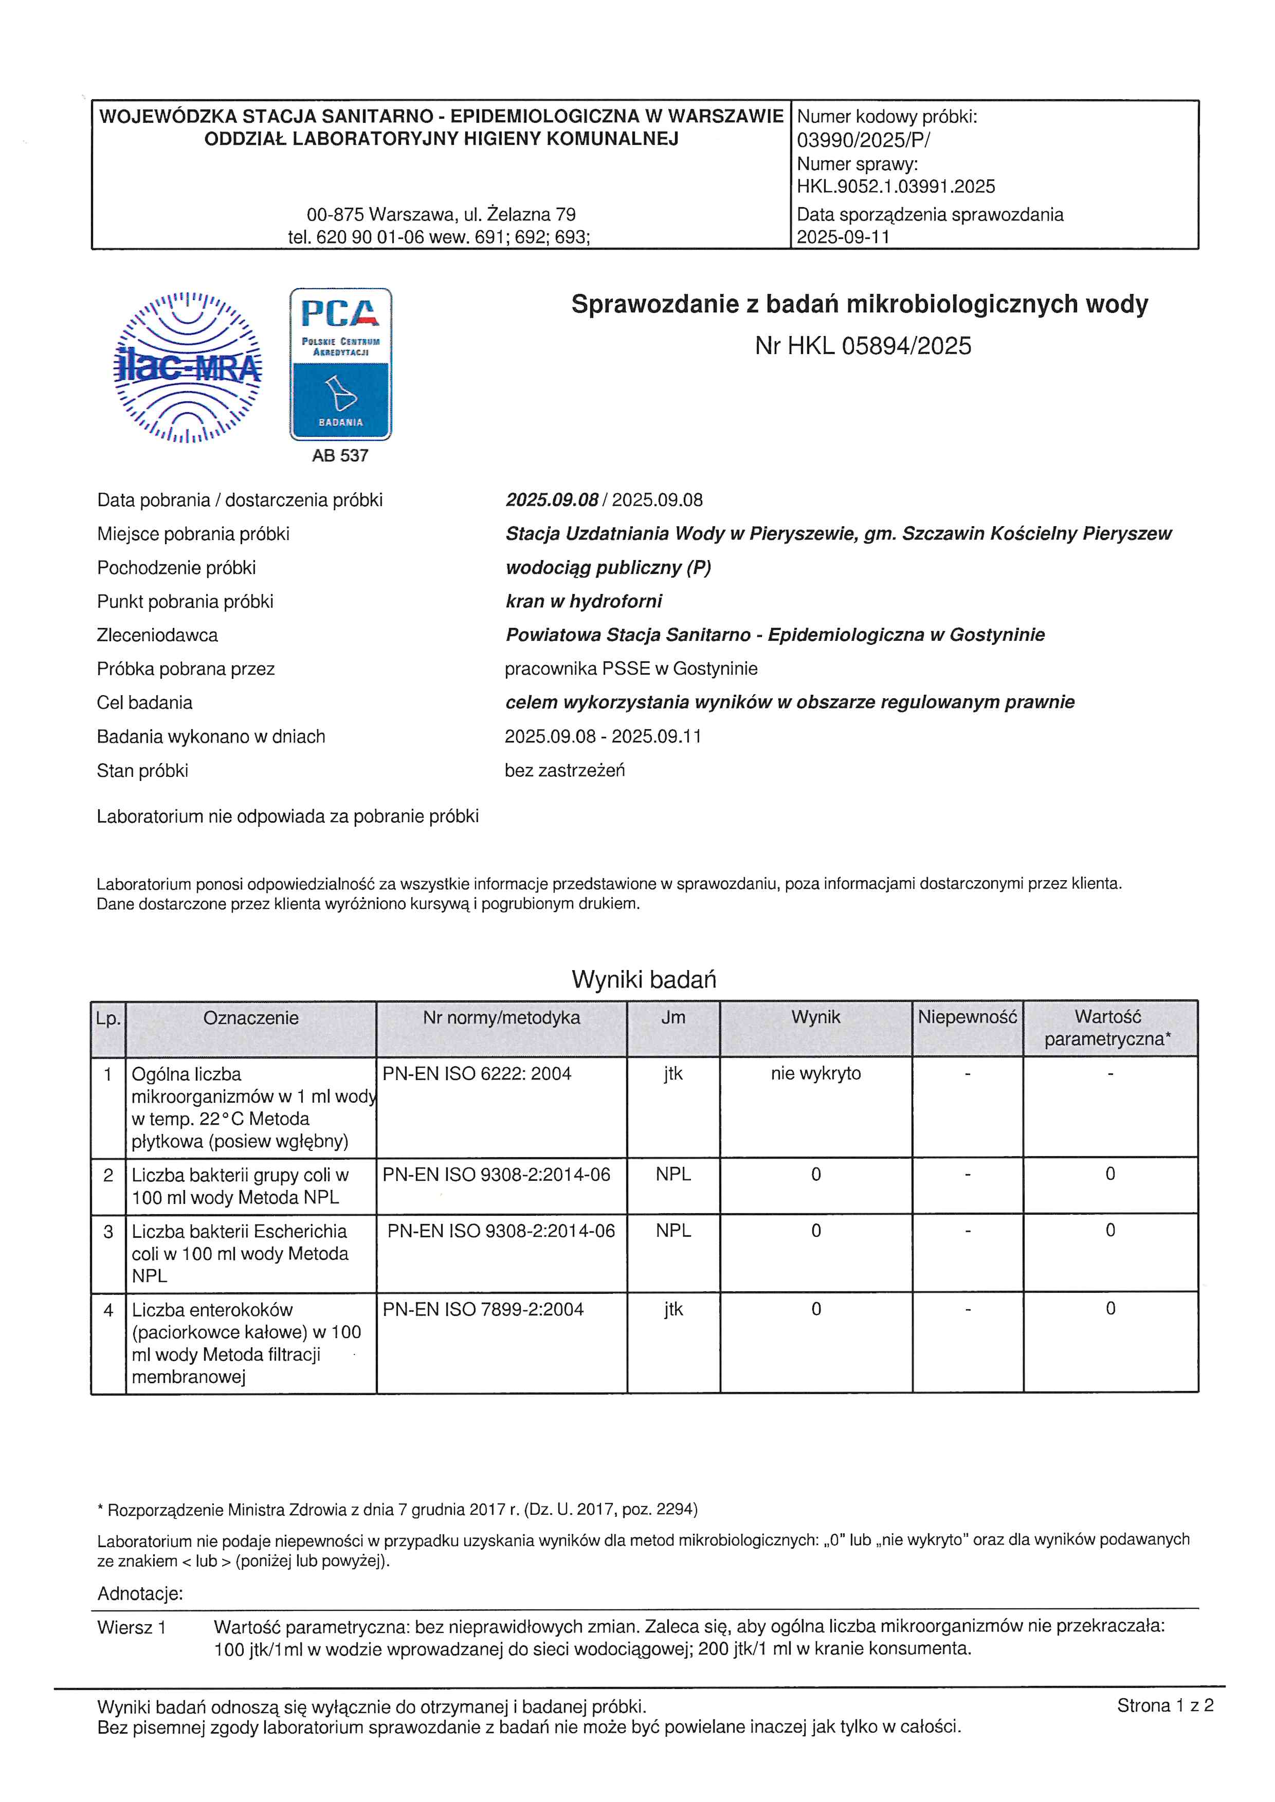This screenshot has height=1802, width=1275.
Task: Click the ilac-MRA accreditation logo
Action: tap(188, 366)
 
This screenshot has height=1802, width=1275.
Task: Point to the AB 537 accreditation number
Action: tap(340, 455)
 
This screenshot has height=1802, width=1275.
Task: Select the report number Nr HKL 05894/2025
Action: tap(863, 346)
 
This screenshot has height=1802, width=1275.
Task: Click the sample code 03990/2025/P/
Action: tap(863, 140)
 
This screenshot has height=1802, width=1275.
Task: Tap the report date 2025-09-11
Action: tap(843, 237)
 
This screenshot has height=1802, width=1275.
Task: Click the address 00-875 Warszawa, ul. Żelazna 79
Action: tap(441, 214)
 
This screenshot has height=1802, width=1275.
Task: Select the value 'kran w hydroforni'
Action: tap(584, 601)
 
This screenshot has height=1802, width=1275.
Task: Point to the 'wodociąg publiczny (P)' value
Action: tap(608, 567)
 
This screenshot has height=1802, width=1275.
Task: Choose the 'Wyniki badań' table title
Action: tap(644, 979)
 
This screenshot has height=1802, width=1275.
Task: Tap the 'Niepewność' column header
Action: tap(967, 1017)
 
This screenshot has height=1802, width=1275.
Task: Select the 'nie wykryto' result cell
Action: tap(816, 1074)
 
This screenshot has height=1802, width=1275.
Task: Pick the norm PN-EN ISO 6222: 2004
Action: tap(477, 1074)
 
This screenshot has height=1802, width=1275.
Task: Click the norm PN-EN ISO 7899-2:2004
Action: tap(483, 1309)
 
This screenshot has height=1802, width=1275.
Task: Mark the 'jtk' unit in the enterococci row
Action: tap(673, 1309)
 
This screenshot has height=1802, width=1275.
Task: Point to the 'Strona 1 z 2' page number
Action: tap(1165, 1705)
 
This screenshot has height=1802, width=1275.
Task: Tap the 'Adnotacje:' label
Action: tap(140, 1594)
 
